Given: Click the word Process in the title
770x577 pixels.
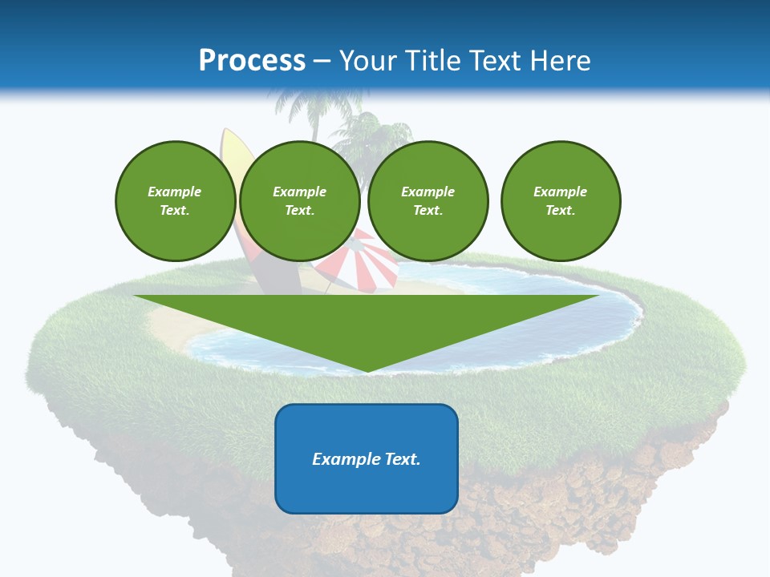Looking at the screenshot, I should [252, 61].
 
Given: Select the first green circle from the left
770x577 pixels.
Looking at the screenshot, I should [175, 201].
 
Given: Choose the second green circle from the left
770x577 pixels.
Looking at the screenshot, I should [299, 201].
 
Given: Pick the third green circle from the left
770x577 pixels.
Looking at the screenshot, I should [428, 201].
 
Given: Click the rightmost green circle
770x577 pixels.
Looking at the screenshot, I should [560, 201].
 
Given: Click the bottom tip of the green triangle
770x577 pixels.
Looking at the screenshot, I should [367, 370].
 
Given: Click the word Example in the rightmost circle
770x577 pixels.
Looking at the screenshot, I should [560, 192].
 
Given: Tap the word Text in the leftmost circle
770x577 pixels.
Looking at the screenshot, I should [175, 211].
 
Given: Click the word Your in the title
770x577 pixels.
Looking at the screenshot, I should [368, 61].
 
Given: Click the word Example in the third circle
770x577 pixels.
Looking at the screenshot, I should [428, 192].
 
